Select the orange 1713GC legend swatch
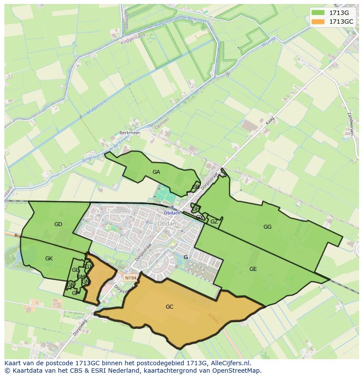point(318,22)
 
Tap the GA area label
point(156,172)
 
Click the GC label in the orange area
point(170,307)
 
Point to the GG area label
point(267,227)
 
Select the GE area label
point(253,269)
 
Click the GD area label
point(58,224)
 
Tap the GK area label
point(49,259)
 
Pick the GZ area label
point(214,222)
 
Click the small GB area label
point(196,187)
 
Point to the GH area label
point(196,209)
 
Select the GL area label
point(75,270)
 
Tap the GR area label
point(70,285)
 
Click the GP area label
point(75,293)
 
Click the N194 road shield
point(130,278)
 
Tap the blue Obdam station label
point(172,213)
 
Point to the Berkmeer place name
point(129,132)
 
